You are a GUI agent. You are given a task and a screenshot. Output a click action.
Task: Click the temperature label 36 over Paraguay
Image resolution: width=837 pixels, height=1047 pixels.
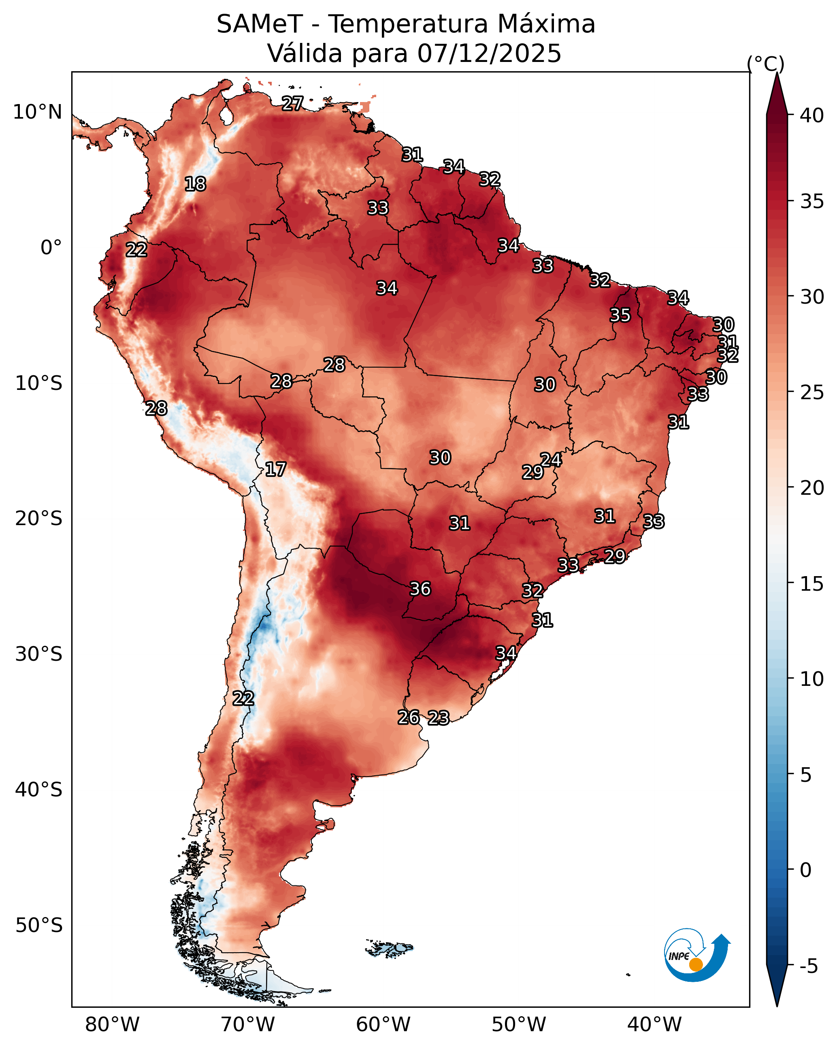tap(420, 589)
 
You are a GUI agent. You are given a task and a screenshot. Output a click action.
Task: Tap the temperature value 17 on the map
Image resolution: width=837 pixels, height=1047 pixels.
tap(275, 469)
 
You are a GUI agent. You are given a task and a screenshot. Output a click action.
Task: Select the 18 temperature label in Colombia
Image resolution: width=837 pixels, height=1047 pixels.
tap(195, 184)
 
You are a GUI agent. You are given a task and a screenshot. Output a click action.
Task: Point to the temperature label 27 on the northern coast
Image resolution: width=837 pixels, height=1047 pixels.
tap(292, 103)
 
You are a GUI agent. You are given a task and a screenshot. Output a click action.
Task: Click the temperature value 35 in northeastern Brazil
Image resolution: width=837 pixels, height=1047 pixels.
tap(620, 315)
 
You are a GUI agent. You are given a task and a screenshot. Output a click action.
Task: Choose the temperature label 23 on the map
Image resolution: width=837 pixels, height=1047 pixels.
tap(439, 718)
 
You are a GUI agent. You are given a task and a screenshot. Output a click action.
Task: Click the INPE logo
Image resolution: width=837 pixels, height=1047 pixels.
tap(697, 955)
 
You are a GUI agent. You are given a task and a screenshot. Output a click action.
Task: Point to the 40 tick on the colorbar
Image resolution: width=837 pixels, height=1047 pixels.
tap(812, 115)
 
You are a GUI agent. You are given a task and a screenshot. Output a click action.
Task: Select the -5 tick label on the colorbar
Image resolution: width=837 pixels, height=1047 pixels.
tap(809, 966)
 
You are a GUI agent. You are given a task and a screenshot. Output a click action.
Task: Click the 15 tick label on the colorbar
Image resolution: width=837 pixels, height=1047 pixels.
tap(812, 584)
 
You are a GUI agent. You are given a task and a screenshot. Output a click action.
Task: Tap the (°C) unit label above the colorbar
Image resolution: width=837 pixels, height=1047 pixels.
tap(766, 64)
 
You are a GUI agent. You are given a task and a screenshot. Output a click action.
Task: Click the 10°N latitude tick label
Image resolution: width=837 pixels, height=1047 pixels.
tap(37, 112)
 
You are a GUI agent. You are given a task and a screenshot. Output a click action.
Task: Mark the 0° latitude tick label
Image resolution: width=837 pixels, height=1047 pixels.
tap(51, 248)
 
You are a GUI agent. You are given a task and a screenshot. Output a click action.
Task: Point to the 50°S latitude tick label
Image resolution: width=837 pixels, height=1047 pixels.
tap(39, 926)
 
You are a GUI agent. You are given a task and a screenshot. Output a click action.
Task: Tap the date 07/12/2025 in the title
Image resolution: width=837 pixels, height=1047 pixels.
tap(489, 53)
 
